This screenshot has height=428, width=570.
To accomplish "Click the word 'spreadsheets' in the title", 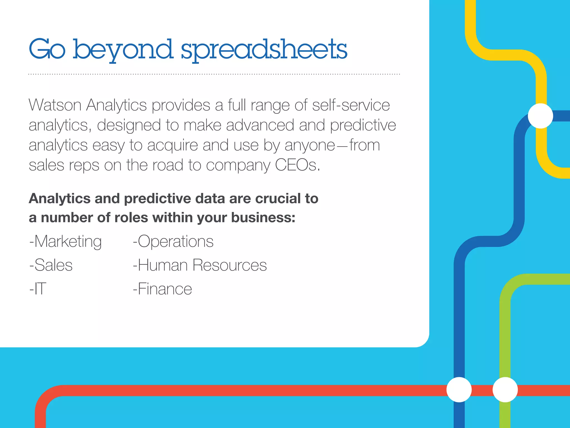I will (264, 50).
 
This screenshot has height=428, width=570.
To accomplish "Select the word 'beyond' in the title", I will (123, 50).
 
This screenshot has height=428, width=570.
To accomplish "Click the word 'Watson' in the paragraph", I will (55, 105).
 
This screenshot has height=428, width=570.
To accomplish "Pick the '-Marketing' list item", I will (66, 241).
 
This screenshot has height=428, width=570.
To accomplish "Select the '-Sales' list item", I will (51, 265).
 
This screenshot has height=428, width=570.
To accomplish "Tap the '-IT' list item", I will (38, 289).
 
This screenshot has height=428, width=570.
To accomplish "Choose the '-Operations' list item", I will (173, 241).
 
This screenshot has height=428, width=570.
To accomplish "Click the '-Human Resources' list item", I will (200, 265).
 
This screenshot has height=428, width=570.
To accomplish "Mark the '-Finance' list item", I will (163, 289).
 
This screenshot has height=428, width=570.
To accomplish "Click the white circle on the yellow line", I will (540, 116).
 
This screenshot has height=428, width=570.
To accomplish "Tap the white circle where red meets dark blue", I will (459, 390).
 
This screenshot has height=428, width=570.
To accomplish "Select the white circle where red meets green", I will (505, 390).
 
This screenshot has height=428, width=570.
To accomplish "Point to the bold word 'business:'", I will (263, 218).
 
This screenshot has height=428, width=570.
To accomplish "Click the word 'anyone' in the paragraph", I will (309, 145).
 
